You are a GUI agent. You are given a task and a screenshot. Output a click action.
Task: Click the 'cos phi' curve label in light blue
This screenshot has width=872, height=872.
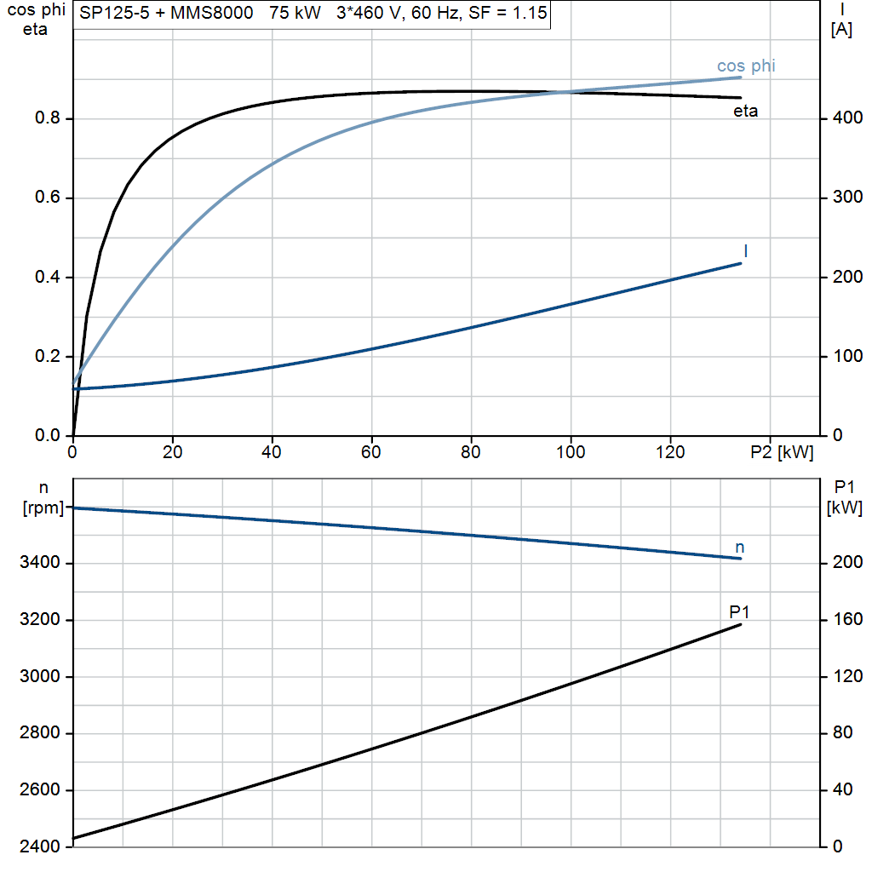(746, 66)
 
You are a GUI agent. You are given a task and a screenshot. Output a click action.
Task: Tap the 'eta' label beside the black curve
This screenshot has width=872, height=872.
(745, 112)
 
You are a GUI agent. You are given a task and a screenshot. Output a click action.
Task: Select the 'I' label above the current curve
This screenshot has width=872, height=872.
(745, 251)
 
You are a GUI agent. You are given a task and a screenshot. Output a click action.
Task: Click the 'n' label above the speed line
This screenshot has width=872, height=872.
(740, 548)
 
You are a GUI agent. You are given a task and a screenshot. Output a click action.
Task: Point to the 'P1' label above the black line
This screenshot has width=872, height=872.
(739, 611)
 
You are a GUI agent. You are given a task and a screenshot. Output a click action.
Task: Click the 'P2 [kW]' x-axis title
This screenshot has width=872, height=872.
(782, 452)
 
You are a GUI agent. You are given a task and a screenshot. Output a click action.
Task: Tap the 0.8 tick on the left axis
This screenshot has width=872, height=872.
(48, 118)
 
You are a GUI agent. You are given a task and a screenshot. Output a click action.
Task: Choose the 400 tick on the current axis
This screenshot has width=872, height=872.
(847, 118)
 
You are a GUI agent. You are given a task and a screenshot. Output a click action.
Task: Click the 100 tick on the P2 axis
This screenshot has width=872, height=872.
(571, 452)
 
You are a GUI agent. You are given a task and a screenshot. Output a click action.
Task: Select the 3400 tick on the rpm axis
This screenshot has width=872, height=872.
(39, 562)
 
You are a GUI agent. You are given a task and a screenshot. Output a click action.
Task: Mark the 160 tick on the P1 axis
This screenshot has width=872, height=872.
(847, 619)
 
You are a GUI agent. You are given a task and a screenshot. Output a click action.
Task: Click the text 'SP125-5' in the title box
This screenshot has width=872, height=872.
(115, 13)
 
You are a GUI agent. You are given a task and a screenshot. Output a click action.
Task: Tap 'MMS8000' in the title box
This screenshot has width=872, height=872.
(211, 13)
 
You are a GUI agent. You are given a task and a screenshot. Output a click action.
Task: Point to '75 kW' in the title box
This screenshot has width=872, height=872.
(295, 13)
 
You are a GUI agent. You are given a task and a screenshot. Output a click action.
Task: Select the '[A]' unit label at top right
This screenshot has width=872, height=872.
(841, 30)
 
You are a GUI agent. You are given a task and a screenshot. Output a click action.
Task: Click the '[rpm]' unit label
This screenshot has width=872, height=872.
(43, 508)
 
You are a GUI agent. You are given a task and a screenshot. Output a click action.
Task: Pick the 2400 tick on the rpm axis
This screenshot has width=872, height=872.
(39, 846)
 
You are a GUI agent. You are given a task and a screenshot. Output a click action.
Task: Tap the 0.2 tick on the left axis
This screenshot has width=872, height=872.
(48, 356)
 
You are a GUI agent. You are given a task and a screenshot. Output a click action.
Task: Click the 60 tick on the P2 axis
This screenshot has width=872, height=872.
(371, 452)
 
